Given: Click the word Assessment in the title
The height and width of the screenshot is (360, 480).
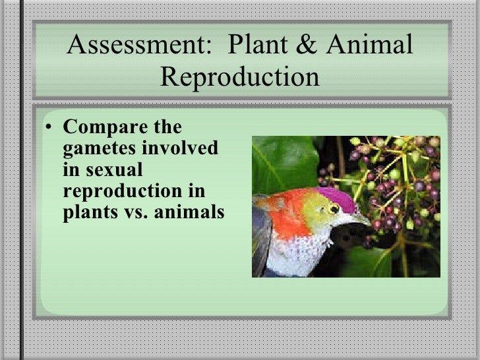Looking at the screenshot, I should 133,45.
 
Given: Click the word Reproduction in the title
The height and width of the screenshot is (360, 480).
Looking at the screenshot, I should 239,76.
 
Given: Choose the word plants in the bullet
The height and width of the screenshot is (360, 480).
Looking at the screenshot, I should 89,214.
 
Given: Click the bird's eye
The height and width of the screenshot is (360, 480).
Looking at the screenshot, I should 334,209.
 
